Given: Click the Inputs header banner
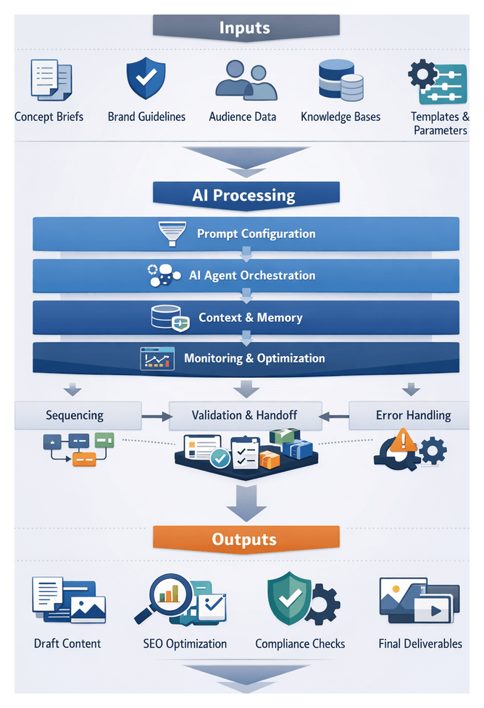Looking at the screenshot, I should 245,28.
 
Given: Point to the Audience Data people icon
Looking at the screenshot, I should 245,80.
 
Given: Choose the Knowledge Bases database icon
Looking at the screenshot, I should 341,80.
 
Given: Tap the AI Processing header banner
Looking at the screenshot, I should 245,195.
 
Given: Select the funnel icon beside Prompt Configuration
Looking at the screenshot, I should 172,234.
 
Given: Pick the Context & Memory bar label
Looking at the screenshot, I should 251,317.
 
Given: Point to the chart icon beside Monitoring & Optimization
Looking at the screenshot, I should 157,358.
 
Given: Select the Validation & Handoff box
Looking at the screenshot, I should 245,416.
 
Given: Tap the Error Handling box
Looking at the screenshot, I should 412,416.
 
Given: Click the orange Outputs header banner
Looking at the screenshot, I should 245,539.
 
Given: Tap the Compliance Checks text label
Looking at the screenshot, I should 300,644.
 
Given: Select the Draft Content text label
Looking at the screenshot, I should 67,644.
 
